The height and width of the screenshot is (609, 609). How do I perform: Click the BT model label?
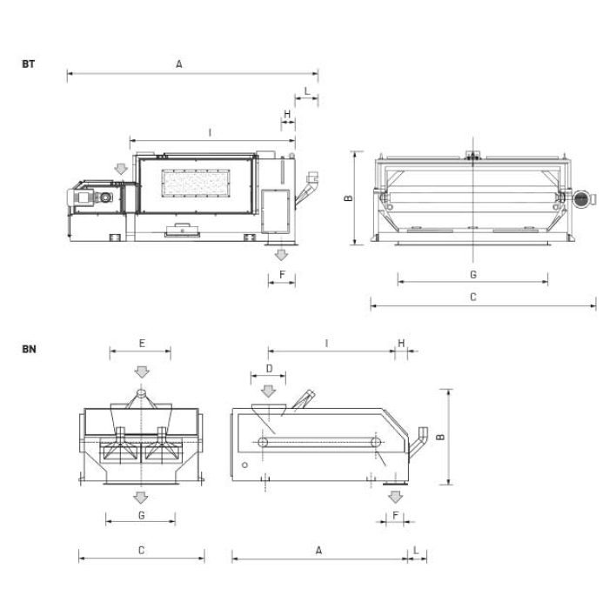[29, 64]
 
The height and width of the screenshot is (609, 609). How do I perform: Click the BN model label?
[29, 349]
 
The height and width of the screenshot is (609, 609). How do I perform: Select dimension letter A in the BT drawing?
[179, 64]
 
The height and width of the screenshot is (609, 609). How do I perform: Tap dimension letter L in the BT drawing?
[307, 91]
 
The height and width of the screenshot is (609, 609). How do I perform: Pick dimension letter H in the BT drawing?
[287, 114]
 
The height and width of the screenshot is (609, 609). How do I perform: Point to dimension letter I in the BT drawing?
[211, 133]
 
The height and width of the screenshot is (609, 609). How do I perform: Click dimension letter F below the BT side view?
[283, 275]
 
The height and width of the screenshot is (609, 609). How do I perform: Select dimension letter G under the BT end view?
[473, 275]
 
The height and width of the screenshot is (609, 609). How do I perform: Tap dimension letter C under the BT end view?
[473, 298]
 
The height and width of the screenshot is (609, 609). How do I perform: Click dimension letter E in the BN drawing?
[142, 344]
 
